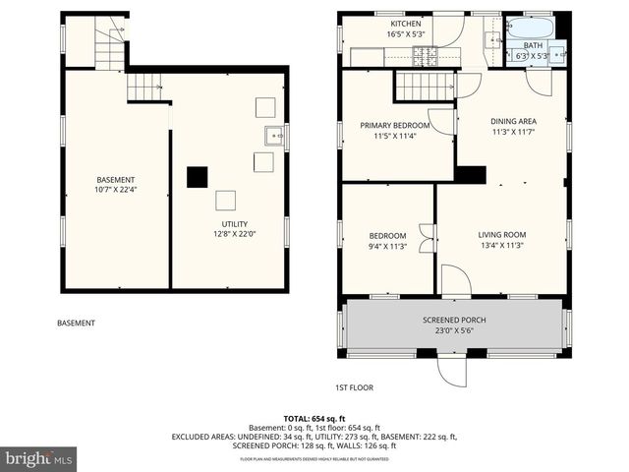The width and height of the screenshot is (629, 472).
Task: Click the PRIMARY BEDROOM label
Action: pyautogui.click(x=394, y=126)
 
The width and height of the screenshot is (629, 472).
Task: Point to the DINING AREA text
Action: pyautogui.click(x=514, y=121)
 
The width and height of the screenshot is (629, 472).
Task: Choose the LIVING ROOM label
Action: pyautogui.click(x=501, y=234)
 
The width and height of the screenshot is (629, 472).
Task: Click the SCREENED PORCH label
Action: pyautogui.click(x=454, y=320)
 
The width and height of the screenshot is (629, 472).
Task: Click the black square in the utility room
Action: pyautogui.click(x=199, y=177)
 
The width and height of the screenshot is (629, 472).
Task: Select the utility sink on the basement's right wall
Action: pyautogui.click(x=273, y=135)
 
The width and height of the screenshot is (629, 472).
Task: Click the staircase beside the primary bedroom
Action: pyautogui.click(x=425, y=87)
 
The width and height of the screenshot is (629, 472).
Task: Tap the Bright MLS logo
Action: pyautogui.click(x=39, y=458)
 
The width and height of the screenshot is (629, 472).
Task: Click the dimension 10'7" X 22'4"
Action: pyautogui.click(x=115, y=190)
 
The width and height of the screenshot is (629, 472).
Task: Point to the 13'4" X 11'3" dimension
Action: pyautogui.click(x=501, y=246)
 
